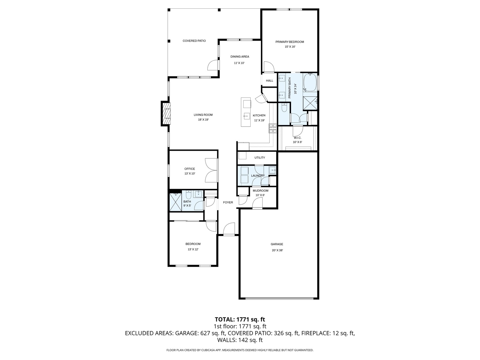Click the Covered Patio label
click(194, 41)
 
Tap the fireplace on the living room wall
click(166, 113)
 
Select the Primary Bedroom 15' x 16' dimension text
click(290, 47)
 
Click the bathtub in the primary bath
click(310, 82)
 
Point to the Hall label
click(269, 81)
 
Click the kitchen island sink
click(246, 116)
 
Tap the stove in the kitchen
click(273, 128)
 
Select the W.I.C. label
click(297, 138)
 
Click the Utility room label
click(260, 158)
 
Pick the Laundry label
click(258, 176)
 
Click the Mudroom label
click(260, 191)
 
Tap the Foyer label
click(228, 202)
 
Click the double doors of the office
click(212, 170)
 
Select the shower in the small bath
click(175, 202)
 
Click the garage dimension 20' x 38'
click(277, 250)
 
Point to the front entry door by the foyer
click(229, 230)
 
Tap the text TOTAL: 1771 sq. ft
click(240, 319)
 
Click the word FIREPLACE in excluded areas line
click(316, 333)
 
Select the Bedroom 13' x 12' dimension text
click(193, 249)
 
